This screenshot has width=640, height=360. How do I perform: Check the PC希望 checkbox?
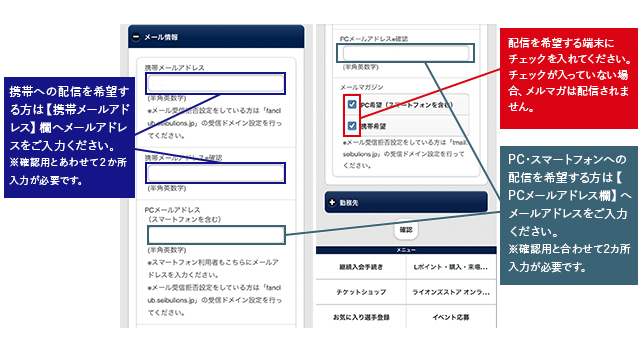click(x=352, y=104)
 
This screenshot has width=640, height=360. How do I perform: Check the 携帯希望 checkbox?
click(x=352, y=126)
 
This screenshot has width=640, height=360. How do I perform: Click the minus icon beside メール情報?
click(x=135, y=37)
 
